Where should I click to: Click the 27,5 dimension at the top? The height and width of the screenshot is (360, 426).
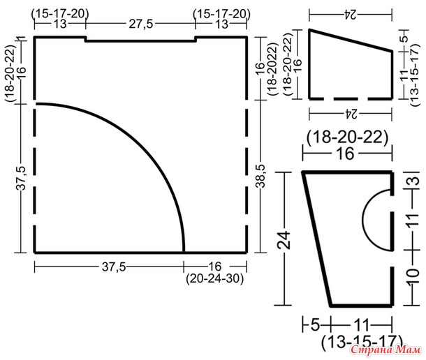click(141, 24)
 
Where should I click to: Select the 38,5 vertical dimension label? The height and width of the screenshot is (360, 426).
click(260, 176)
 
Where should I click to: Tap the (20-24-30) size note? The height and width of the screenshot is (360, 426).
click(214, 278)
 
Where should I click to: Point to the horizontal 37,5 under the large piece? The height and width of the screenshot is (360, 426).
click(114, 267)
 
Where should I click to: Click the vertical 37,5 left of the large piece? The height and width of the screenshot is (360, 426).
click(21, 178)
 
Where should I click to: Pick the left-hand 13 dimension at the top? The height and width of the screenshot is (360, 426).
click(60, 24)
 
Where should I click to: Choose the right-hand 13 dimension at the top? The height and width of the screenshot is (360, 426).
click(221, 24)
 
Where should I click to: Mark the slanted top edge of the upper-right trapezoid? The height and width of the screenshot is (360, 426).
click(351, 40)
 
